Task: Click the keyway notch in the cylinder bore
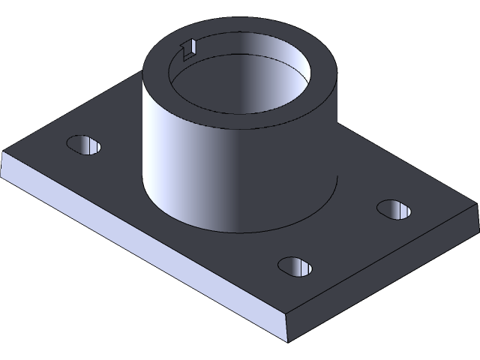pyautogui.click(x=188, y=49)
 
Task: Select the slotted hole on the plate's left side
pyautogui.click(x=84, y=145)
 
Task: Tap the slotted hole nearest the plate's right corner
pyautogui.click(x=394, y=209)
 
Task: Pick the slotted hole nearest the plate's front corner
pyautogui.click(x=296, y=265)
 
